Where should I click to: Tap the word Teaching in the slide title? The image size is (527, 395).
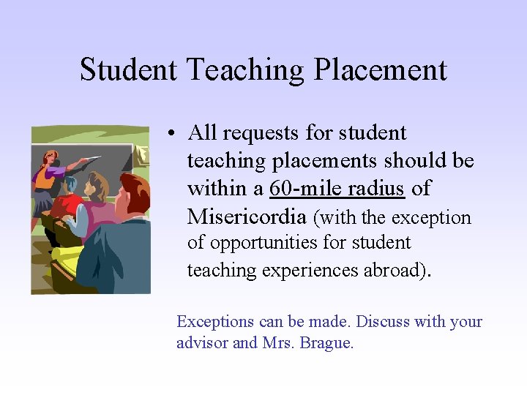point(245,70)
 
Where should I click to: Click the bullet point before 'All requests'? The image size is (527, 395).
point(169,134)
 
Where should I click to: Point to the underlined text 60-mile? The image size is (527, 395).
point(299,189)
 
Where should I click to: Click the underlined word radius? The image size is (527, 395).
point(375,189)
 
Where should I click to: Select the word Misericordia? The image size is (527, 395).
point(247,217)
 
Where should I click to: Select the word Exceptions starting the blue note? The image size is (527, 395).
point(216,322)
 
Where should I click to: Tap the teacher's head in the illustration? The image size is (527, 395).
point(51,157)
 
